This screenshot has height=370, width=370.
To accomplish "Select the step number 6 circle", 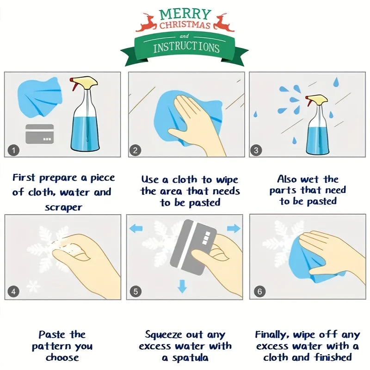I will (x=260, y=291).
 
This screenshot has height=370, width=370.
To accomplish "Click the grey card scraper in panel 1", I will (x=39, y=134).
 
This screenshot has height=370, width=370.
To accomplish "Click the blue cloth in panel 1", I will (x=39, y=98).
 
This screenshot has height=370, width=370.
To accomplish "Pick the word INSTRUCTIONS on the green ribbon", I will (x=186, y=47).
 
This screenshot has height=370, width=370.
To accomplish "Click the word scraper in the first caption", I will (x=63, y=207).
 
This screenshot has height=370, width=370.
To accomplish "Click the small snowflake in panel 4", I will (x=33, y=287).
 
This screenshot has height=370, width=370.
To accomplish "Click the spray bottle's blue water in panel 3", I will (x=318, y=139).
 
